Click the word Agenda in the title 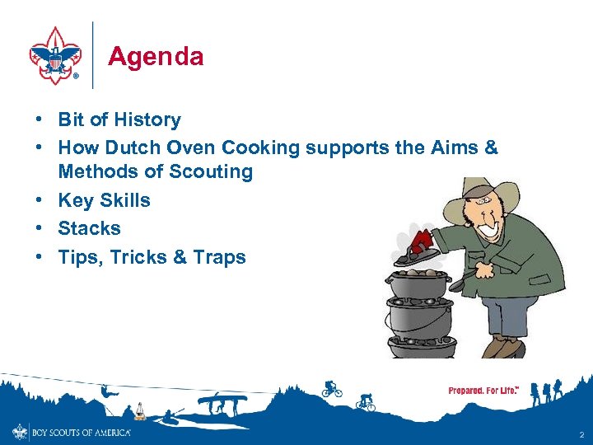click(x=156, y=57)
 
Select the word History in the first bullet click(x=147, y=119)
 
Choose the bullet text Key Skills click(x=104, y=200)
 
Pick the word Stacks click(x=89, y=228)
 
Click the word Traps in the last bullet click(x=220, y=257)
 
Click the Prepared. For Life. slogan click(x=483, y=391)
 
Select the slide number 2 click(x=581, y=433)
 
